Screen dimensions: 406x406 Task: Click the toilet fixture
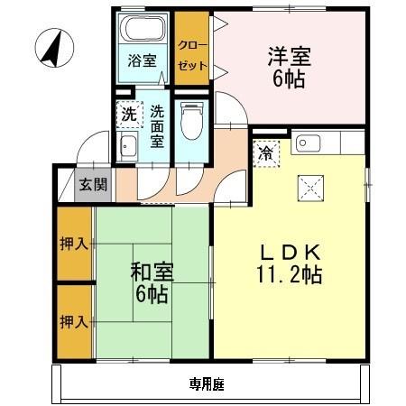click(190, 121)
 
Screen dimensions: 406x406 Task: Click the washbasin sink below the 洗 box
click(127, 149)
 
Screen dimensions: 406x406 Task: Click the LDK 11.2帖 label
click(289, 261)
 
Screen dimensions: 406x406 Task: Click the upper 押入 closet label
click(74, 244)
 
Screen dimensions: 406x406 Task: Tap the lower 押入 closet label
click(74, 321)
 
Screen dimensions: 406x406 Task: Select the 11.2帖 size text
click(289, 272)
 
